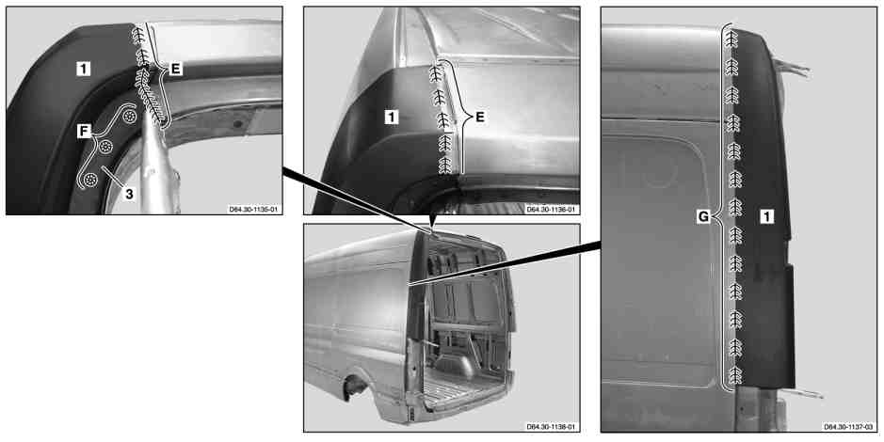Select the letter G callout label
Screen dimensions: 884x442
pyautogui.click(x=703, y=216)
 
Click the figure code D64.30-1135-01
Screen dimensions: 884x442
pyautogui.click(x=254, y=210)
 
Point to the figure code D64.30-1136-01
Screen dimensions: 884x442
pyautogui.click(x=551, y=210)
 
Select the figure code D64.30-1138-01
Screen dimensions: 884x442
pyautogui.click(x=551, y=427)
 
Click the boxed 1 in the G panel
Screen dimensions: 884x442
pyautogui.click(x=766, y=216)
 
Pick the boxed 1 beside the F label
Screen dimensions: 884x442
pyautogui.click(x=83, y=70)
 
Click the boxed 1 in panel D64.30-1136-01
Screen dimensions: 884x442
pyautogui.click(x=392, y=118)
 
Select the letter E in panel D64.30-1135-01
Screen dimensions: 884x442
pyautogui.click(x=176, y=70)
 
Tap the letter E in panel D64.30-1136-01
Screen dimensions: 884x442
pyautogui.click(x=480, y=118)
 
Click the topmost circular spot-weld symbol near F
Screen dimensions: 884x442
pyautogui.click(x=130, y=117)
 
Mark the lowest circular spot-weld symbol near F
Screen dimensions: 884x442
pyautogui.click(x=90, y=180)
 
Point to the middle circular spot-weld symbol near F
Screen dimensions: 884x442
pyautogui.click(x=105, y=147)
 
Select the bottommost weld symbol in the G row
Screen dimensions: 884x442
pyautogui.click(x=735, y=374)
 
